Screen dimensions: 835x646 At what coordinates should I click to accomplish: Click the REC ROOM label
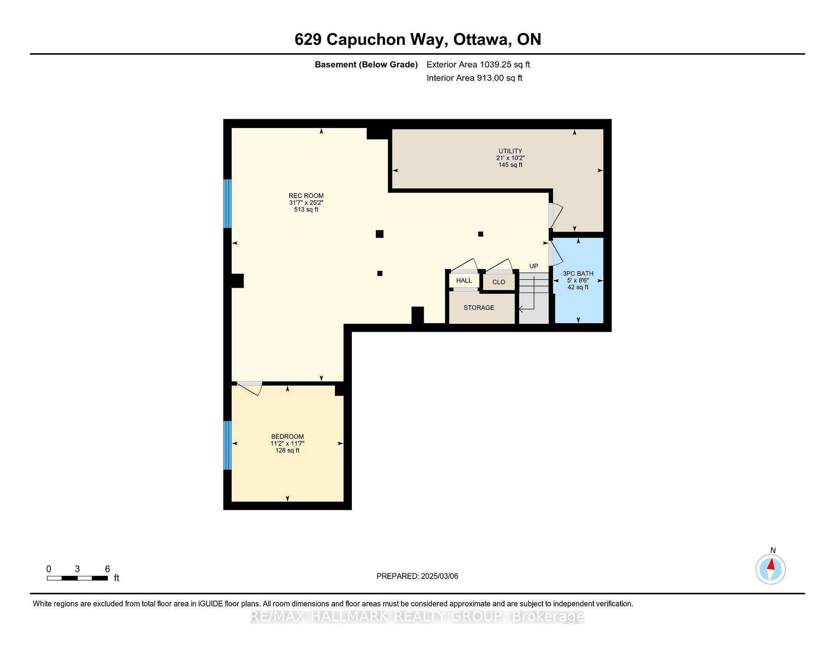pos(306,196)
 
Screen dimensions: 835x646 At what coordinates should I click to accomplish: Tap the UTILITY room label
pos(510,151)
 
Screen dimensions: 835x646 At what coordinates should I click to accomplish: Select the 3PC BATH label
pos(578,273)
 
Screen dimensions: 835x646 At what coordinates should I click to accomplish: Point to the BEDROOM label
pos(287,437)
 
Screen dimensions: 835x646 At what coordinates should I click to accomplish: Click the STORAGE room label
pos(479,308)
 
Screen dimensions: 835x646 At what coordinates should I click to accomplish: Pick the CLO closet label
pos(499,282)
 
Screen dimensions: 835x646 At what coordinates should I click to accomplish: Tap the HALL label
pos(464,280)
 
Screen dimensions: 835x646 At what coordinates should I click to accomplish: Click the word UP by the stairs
pos(534,266)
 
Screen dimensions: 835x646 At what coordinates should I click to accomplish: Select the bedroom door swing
pos(250,388)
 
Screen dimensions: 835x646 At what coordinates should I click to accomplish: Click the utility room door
pos(556,215)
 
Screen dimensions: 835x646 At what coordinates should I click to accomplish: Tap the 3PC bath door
pos(556,253)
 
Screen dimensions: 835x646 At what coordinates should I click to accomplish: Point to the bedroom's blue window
pos(227,445)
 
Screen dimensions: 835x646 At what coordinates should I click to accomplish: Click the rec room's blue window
pos(227,204)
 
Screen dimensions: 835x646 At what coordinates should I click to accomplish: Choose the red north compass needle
pos(771,565)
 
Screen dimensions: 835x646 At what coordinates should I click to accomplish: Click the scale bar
pos(77,578)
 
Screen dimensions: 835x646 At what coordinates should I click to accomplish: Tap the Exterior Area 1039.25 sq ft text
pos(478,64)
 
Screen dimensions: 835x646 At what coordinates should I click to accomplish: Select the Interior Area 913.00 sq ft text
pos(474,78)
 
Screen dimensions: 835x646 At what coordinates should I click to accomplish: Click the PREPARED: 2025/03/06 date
pos(417,576)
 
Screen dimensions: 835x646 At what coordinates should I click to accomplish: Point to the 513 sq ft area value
pos(306,209)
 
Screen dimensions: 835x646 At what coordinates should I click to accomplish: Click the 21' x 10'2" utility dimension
pos(510,158)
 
